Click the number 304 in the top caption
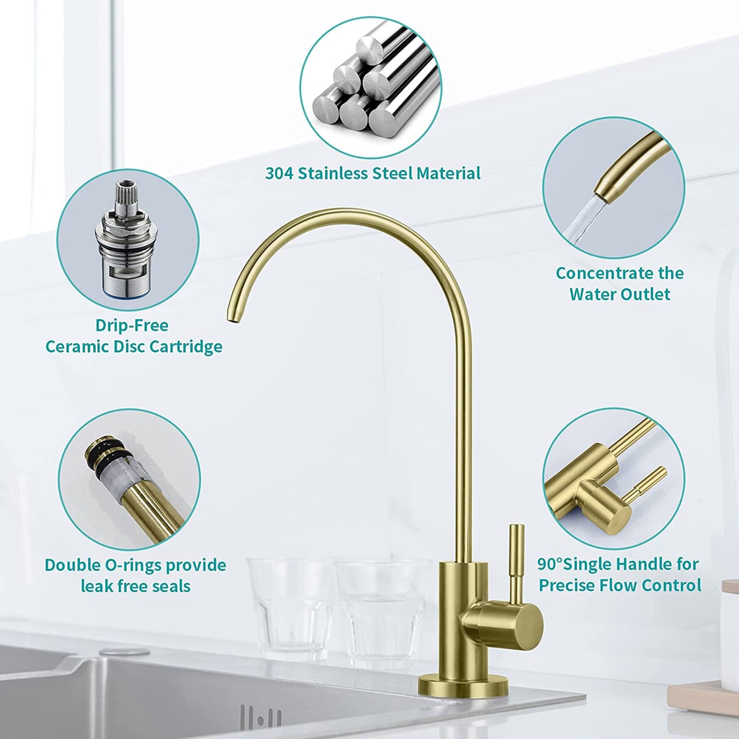tap(279, 173)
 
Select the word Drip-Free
tap(131, 326)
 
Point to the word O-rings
tap(132, 565)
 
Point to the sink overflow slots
tap(261, 719)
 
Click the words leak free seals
tap(136, 586)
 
